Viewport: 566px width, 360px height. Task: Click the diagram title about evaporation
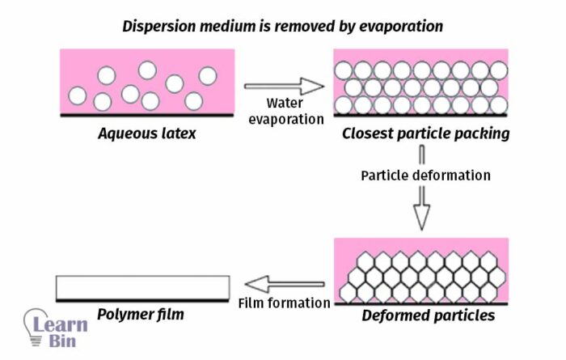tap(283, 25)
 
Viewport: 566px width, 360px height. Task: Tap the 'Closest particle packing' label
tap(425, 133)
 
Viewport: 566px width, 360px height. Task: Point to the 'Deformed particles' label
tap(426, 316)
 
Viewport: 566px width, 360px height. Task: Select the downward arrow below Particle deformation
tap(421, 209)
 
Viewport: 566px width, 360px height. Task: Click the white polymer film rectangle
tap(142, 286)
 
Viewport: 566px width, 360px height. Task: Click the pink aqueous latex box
tap(142, 81)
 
